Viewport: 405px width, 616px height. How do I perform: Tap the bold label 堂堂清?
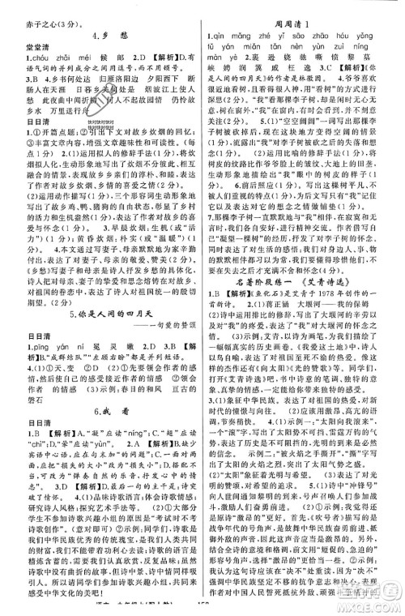pyautogui.click(x=22, y=49)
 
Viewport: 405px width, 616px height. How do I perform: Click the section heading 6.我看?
pyautogui.click(x=103, y=411)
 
